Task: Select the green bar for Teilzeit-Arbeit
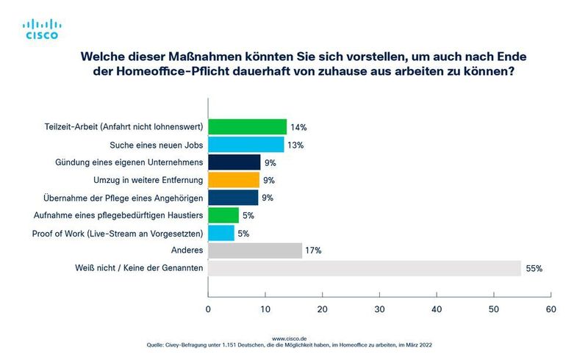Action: pyautogui.click(x=248, y=126)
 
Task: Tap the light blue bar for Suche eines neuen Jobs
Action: pyautogui.click(x=246, y=145)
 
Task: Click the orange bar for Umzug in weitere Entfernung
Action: pyautogui.click(x=234, y=180)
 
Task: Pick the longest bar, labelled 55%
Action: pyautogui.click(x=365, y=269)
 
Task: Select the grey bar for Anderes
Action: pyautogui.click(x=255, y=251)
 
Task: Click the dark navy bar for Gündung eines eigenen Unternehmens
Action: pyautogui.click(x=234, y=162)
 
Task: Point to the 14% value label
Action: pyautogui.click(x=298, y=127)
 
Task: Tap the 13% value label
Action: pyautogui.click(x=295, y=145)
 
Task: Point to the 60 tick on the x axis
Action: pyautogui.click(x=551, y=311)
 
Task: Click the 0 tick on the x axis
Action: pyautogui.click(x=209, y=311)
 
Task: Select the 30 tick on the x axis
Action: pyautogui.click(x=380, y=311)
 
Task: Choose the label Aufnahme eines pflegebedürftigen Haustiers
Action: pyautogui.click(x=118, y=215)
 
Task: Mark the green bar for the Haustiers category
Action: pyautogui.click(x=223, y=215)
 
